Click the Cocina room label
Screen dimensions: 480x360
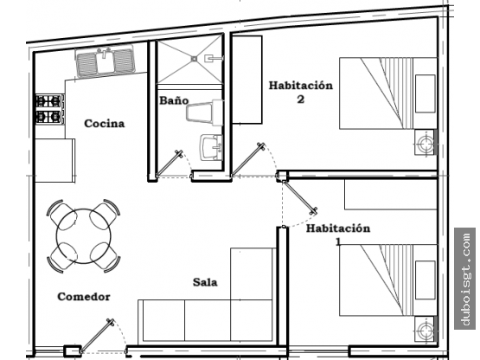pyautogui.click(x=105, y=124)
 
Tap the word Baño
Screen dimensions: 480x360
pyautogui.click(x=174, y=100)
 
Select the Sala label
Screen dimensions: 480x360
pyautogui.click(x=205, y=282)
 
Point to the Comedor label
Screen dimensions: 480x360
pyautogui.click(x=84, y=297)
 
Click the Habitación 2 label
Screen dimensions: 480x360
pyautogui.click(x=301, y=92)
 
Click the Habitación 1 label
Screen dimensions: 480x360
pyautogui.click(x=338, y=235)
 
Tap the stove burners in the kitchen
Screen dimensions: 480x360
pyautogui.click(x=49, y=109)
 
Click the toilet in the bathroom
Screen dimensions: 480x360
pyautogui.click(x=204, y=112)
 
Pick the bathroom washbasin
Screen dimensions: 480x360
pyautogui.click(x=211, y=148)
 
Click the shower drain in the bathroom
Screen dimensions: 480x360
pyautogui.click(x=194, y=58)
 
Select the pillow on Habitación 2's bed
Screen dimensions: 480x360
pyautogui.click(x=426, y=93)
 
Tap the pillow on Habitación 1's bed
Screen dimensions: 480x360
pyautogui.click(x=426, y=280)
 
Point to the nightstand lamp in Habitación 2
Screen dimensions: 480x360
pyautogui.click(x=425, y=143)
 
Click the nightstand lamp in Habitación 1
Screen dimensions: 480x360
pyautogui.click(x=425, y=331)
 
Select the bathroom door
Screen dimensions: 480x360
pyautogui.click(x=170, y=164)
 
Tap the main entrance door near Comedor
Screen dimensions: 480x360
pyautogui.click(x=97, y=336)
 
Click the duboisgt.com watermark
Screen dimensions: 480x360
pyautogui.click(x=465, y=279)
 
